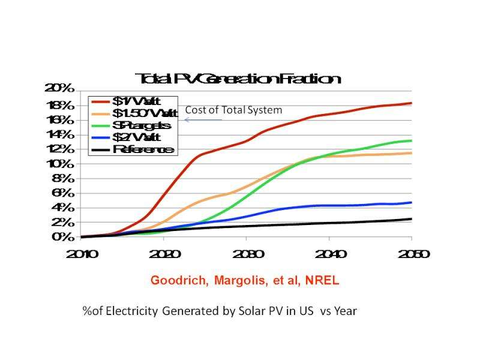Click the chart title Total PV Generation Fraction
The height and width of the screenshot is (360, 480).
point(238,79)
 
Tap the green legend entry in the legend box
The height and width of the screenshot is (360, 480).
point(133,125)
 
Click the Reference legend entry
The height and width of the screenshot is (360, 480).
point(133,149)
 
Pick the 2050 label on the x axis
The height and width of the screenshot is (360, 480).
point(412,254)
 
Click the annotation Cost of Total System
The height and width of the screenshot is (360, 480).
point(233,110)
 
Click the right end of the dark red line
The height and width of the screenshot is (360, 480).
point(412,103)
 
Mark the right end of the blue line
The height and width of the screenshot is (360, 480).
point(412,203)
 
